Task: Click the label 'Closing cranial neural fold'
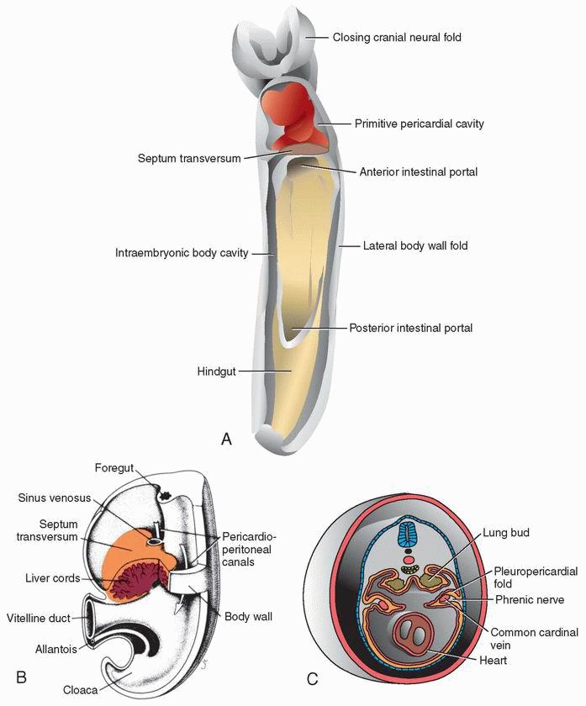(x=397, y=38)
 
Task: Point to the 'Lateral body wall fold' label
(x=414, y=246)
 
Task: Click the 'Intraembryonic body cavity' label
(x=182, y=252)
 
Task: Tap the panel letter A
(x=224, y=438)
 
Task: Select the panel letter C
(x=313, y=678)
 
